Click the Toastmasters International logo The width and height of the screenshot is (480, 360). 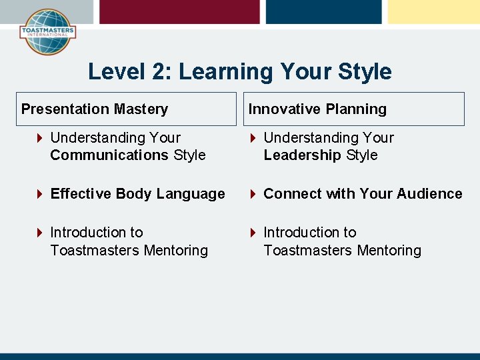coord(47,31)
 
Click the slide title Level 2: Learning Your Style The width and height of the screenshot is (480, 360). coord(239,71)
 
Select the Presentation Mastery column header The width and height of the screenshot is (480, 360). coord(95,109)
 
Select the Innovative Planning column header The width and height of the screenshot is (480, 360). coord(317,109)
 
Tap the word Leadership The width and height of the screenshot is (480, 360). coord(302,155)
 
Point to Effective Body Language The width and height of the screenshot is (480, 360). coord(137,194)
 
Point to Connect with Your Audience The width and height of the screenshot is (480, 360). coord(363,194)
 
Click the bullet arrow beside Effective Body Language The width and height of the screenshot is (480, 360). coord(40,194)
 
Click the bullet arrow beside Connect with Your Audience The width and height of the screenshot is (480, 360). coord(253,194)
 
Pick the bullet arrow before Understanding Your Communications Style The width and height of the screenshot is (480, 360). coord(40,138)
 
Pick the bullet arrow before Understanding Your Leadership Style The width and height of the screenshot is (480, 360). coord(253,138)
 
